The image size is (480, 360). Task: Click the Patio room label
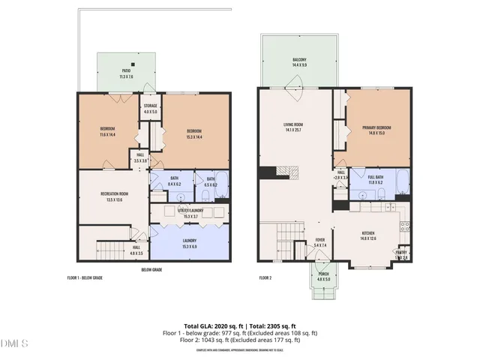point(126,73)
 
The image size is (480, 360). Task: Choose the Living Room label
point(292,127)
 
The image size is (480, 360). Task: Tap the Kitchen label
point(367,235)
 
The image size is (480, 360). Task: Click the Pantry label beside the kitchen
point(403,254)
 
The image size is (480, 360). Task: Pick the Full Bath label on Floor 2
point(375,179)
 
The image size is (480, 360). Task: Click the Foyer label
point(320,242)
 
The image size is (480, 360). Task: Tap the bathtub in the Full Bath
point(400,178)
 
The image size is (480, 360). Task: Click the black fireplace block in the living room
point(265,173)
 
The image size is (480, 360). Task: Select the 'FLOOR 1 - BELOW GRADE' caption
point(85,277)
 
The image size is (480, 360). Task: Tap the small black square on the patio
point(133,64)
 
